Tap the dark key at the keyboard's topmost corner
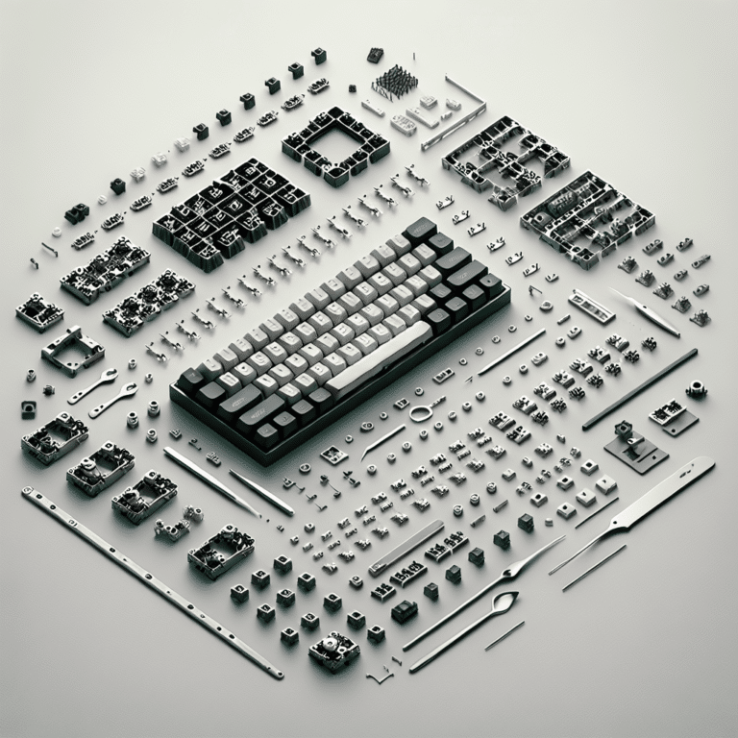[x=420, y=230]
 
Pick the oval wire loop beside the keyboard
[x=420, y=414]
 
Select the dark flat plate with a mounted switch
[x=632, y=443]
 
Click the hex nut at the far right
[x=694, y=389]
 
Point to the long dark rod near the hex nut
[x=640, y=388]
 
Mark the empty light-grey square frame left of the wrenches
[x=72, y=349]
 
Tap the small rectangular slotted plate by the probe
[x=590, y=306]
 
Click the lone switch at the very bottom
[x=333, y=651]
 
